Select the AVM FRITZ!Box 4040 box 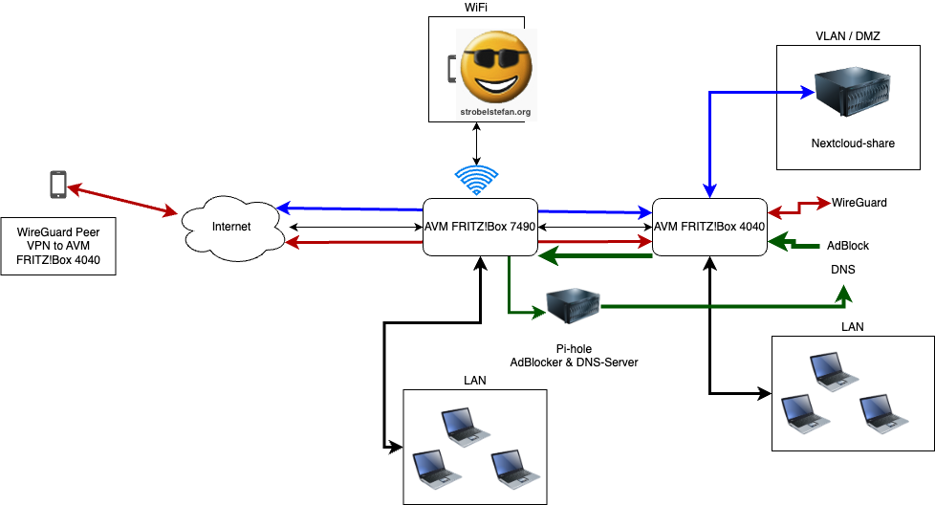(708, 227)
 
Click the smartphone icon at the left (58, 185)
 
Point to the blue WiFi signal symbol (476, 180)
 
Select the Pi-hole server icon (572, 307)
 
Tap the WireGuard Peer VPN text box (58, 246)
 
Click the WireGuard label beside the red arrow (859, 203)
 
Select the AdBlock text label (848, 246)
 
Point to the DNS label (842, 270)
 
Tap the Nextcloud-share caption (852, 143)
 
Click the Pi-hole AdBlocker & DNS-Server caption (574, 355)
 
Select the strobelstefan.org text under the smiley (495, 112)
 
